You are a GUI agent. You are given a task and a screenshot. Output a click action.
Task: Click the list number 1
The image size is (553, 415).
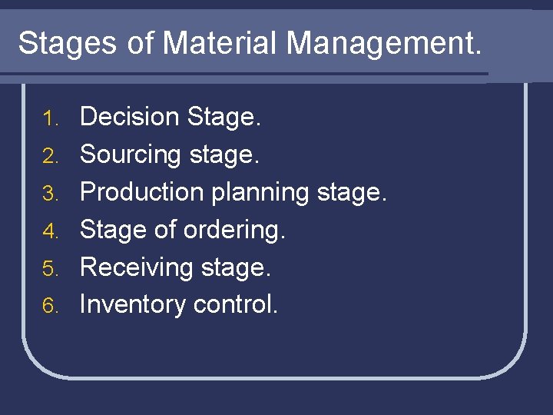[50, 118]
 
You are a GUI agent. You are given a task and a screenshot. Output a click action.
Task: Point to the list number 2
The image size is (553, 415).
[50, 156]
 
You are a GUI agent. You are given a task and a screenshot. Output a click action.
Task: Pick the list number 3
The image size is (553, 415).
[50, 194]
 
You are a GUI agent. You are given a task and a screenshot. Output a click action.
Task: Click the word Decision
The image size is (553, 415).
[129, 117]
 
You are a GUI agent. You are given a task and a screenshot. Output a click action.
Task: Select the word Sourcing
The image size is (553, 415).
[130, 155]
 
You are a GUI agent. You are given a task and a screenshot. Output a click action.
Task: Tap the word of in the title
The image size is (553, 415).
[141, 43]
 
